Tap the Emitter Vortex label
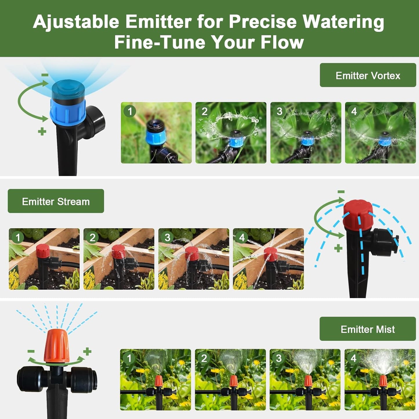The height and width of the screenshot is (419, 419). tap(368, 75)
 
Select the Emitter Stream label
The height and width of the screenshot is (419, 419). tap(56, 201)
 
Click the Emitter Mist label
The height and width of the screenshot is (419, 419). tap(367, 329)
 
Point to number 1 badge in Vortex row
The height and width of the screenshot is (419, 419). tap(130, 111)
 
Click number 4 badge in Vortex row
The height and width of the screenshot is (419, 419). tap(354, 111)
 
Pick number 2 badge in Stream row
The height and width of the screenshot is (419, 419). tap(92, 237)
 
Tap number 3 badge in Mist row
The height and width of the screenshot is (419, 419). tap(279, 358)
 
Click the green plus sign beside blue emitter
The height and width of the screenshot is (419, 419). tap(42, 131)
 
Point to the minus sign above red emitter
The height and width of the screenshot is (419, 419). tap(341, 192)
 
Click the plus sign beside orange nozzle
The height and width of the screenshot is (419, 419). tap(87, 351)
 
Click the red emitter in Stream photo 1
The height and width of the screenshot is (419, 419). tap(43, 251)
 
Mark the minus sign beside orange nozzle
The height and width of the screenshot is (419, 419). tap(31, 351)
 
